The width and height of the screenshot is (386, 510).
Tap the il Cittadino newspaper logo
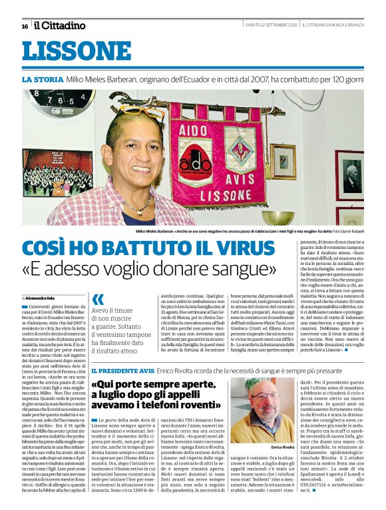[x=60, y=25]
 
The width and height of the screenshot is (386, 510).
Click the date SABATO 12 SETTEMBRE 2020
[x=270, y=25]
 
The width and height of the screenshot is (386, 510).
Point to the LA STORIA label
[x=43, y=79]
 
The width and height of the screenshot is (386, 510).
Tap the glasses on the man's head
[x=141, y=111]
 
